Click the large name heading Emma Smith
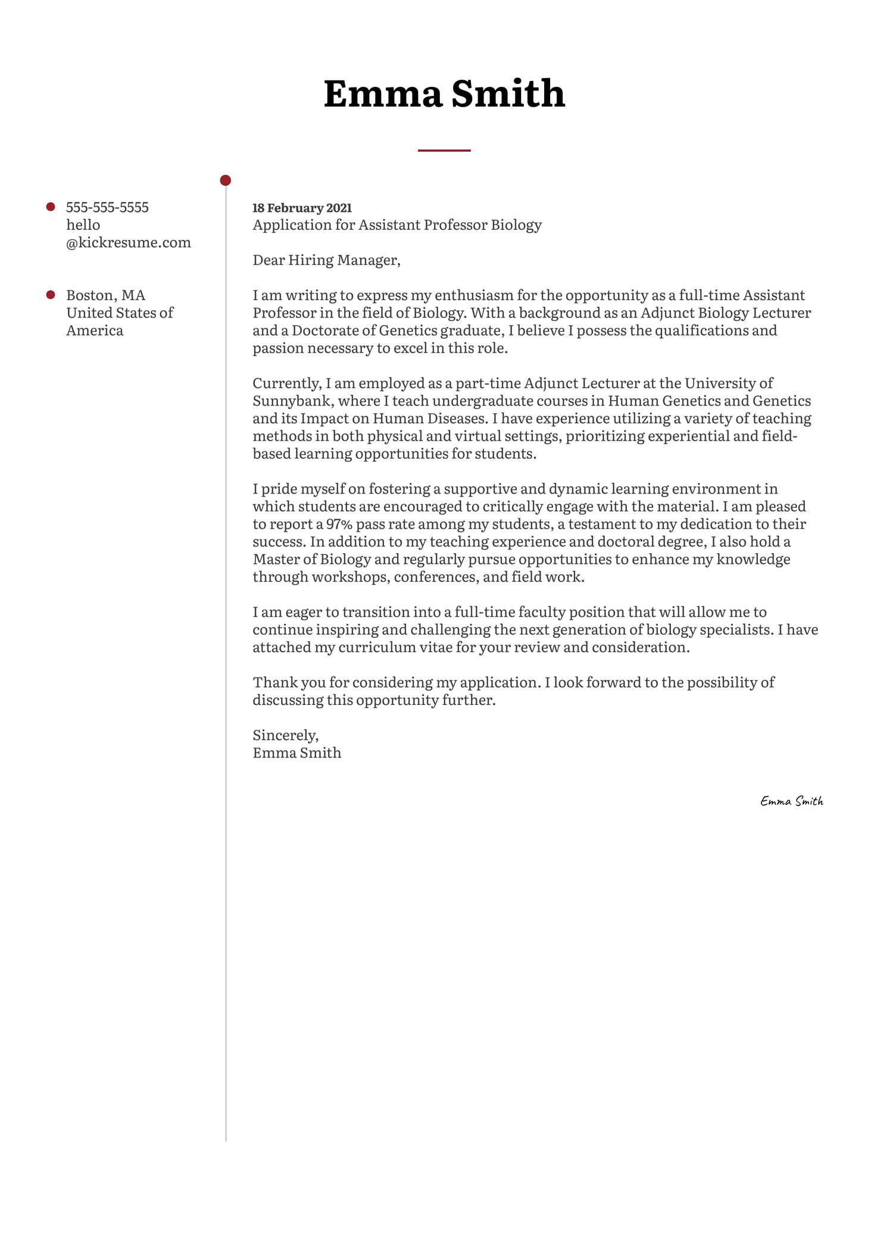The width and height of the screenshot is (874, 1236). pyautogui.click(x=444, y=94)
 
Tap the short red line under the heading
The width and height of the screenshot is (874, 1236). pyautogui.click(x=444, y=151)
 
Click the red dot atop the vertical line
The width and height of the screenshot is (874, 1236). pyautogui.click(x=226, y=180)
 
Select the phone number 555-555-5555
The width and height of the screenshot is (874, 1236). pyautogui.click(x=107, y=207)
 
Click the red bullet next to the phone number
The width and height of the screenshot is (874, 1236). pyautogui.click(x=51, y=207)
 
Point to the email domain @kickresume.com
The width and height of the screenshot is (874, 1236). pyautogui.click(x=129, y=242)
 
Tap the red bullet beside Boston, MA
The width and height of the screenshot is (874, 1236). pyautogui.click(x=51, y=295)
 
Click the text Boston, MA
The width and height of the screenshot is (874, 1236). pyautogui.click(x=105, y=295)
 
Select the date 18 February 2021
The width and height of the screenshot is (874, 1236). pyautogui.click(x=302, y=208)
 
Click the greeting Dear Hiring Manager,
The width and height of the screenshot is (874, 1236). pyautogui.click(x=326, y=260)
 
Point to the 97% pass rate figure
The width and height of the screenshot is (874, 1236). pyautogui.click(x=339, y=525)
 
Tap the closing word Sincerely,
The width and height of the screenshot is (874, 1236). pyautogui.click(x=286, y=735)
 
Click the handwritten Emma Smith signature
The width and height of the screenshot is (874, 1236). pyautogui.click(x=791, y=801)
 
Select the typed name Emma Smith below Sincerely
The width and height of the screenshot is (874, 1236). pyautogui.click(x=296, y=753)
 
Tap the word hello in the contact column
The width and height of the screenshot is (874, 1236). pyautogui.click(x=83, y=225)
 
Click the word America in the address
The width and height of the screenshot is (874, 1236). pyautogui.click(x=95, y=330)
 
